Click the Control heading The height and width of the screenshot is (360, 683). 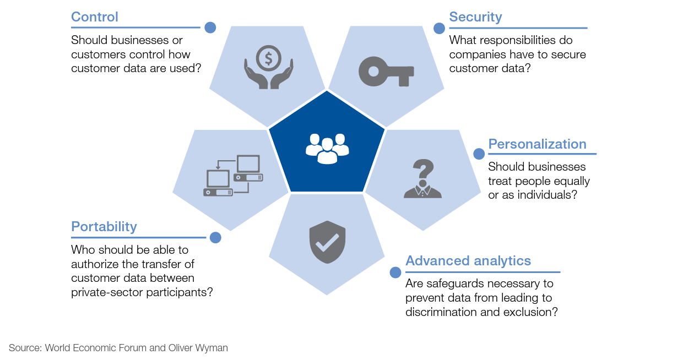point(95,17)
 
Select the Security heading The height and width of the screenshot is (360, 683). point(475,17)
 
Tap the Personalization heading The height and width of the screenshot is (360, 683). point(537,144)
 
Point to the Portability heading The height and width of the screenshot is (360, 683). point(104,227)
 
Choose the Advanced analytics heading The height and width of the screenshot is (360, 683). point(468,261)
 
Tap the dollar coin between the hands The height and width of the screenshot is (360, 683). point(269,57)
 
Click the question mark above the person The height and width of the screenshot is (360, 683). point(422,168)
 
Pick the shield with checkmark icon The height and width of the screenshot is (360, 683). point(327,242)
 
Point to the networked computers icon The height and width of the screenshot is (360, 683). point(233,176)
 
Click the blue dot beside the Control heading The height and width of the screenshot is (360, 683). point(210,28)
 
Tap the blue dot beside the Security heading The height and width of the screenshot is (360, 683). point(439,28)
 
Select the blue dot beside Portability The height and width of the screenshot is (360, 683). point(215,238)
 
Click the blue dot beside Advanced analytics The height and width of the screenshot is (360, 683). point(395,272)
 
